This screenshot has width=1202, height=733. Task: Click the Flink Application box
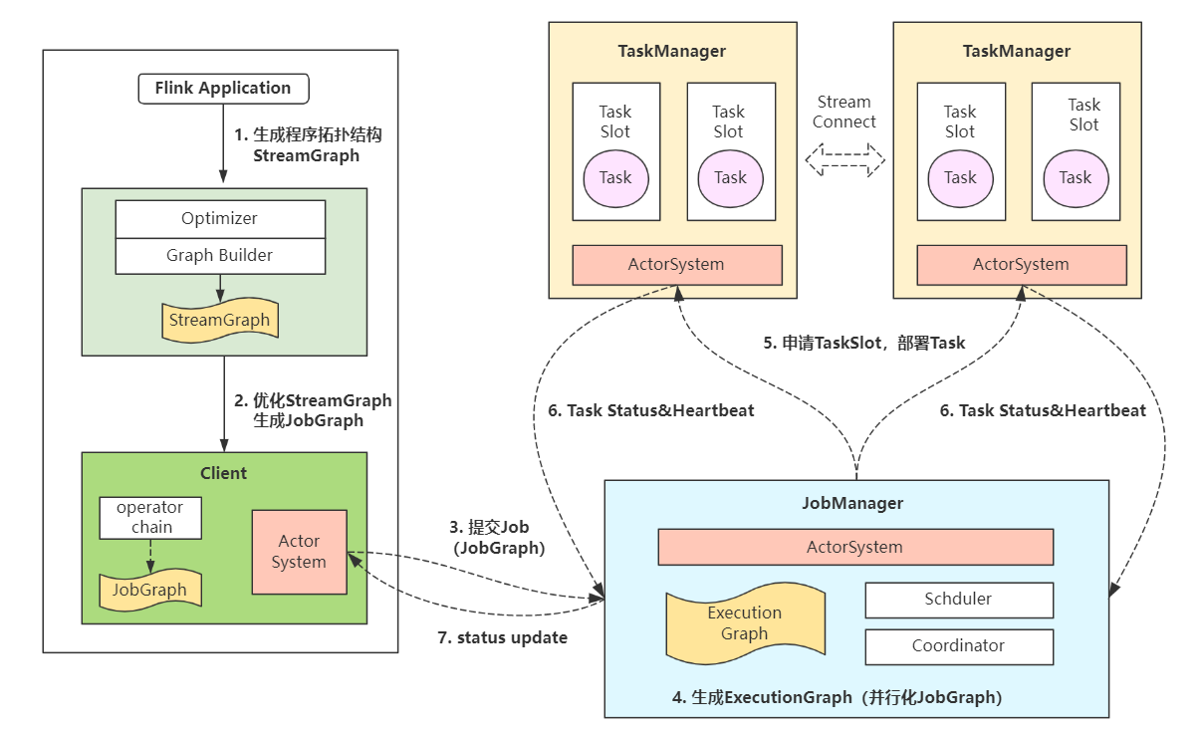(x=223, y=89)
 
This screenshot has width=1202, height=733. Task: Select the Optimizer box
(x=220, y=219)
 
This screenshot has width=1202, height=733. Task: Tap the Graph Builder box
(x=220, y=256)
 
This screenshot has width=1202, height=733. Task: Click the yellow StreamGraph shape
(x=220, y=320)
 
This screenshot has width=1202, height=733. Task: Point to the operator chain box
(x=150, y=518)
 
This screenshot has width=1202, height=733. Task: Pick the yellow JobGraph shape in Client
(x=149, y=590)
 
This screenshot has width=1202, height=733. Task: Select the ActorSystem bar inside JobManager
(x=854, y=547)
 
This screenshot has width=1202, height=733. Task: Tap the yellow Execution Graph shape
(x=744, y=624)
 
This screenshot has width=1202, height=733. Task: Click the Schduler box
(x=958, y=600)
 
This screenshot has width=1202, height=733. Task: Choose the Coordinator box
(x=958, y=646)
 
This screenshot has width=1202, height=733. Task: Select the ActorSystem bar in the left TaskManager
(x=676, y=265)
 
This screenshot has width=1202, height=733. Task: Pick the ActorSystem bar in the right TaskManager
(x=1021, y=265)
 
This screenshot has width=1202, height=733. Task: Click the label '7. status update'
(x=502, y=637)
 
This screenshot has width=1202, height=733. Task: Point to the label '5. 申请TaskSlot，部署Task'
(x=863, y=343)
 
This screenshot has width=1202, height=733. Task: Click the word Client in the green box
(x=224, y=473)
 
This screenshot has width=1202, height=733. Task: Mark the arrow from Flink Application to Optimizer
(x=223, y=144)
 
